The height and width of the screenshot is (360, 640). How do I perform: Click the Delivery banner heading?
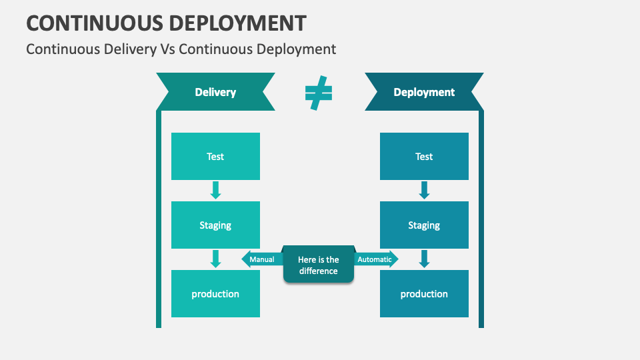[x=215, y=92]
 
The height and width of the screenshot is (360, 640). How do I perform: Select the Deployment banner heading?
[x=424, y=92]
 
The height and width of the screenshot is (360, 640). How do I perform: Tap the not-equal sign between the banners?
[x=319, y=93]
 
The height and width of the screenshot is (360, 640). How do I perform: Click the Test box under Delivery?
[x=215, y=157]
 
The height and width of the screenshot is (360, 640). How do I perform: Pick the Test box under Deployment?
[x=424, y=157]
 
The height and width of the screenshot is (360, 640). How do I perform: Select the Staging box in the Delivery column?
[x=215, y=225]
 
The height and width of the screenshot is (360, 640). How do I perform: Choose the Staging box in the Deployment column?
[x=424, y=225]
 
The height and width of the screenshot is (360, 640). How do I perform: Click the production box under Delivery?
[x=215, y=294]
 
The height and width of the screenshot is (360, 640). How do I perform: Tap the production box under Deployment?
[x=424, y=294]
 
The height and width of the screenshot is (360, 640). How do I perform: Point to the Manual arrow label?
[x=261, y=259]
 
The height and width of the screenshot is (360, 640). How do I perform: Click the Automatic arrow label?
[x=375, y=259]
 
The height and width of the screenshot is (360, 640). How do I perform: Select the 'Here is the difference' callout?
[x=319, y=265]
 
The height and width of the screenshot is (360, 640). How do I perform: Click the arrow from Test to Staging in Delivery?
[x=215, y=190]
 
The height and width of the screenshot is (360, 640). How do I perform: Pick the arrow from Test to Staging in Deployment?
[x=424, y=190]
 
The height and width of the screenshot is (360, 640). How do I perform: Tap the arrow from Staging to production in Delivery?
[x=215, y=259]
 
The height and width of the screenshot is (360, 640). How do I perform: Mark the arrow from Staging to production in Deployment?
[x=424, y=259]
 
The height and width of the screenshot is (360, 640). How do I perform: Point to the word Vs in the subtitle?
[x=167, y=49]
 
